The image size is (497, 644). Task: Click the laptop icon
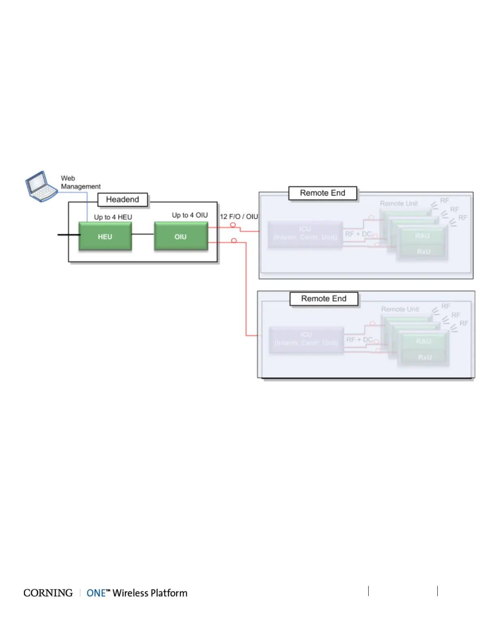click(41, 187)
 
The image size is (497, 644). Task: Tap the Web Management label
click(80, 182)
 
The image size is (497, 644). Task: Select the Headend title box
click(122, 200)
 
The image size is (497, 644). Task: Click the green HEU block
click(105, 236)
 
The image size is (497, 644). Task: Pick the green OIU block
click(181, 236)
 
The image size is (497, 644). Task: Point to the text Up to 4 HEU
click(113, 217)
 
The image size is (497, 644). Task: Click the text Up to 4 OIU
click(190, 215)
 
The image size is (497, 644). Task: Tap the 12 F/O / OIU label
click(239, 216)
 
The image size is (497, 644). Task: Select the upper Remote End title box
click(323, 193)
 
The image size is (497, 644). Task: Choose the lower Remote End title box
click(324, 299)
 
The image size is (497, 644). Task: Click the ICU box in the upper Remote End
click(305, 234)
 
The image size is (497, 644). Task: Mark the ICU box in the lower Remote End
click(306, 339)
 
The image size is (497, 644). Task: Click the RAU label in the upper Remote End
click(422, 236)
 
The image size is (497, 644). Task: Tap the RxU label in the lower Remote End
click(425, 357)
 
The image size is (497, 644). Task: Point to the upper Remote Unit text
click(399, 203)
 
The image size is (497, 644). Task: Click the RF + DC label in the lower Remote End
click(359, 339)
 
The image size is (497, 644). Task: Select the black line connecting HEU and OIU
click(143, 234)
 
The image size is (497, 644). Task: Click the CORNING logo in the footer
click(48, 593)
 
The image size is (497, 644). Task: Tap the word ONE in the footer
click(96, 593)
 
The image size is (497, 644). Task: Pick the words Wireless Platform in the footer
click(150, 593)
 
